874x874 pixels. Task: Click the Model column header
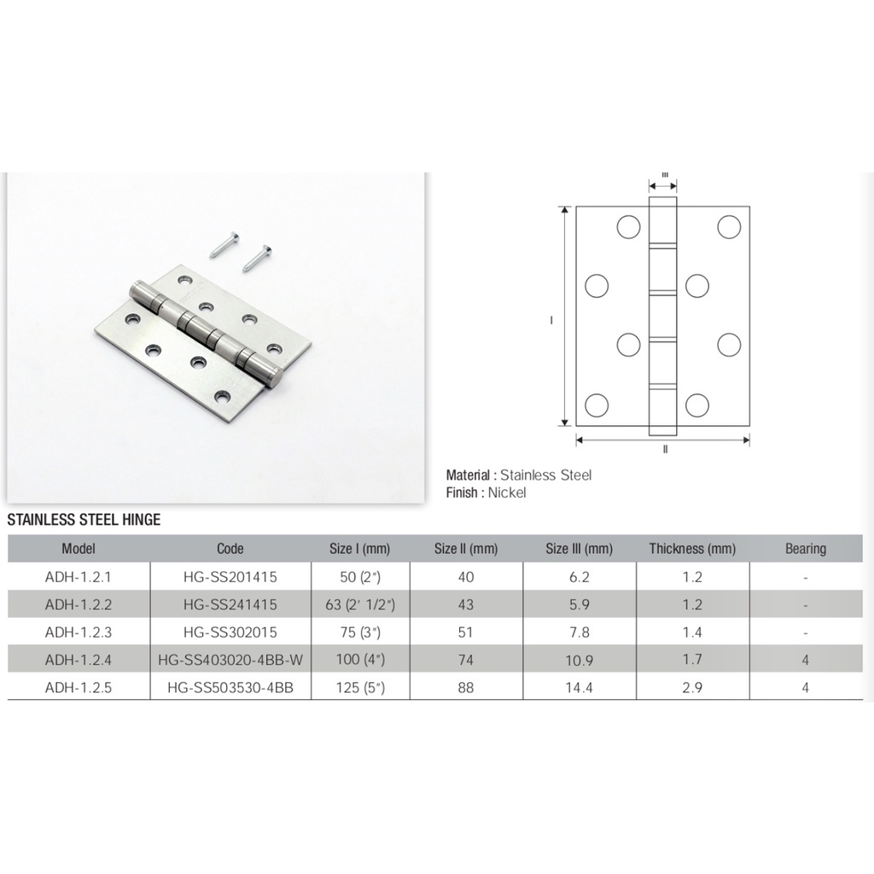point(79,549)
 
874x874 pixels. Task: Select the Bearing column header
point(805,549)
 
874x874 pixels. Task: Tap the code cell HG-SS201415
point(230,577)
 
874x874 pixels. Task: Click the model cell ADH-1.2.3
point(79,632)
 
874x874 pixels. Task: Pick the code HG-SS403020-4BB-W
point(230,660)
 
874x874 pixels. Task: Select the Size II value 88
point(465,687)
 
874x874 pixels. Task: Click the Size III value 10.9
point(579,660)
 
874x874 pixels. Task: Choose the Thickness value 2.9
point(692,687)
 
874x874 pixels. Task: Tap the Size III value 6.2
point(579,577)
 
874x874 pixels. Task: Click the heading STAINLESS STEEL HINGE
point(84,519)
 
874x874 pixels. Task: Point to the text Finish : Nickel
point(486,492)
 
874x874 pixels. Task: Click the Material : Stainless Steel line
point(518,475)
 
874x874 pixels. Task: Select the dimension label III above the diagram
point(664,173)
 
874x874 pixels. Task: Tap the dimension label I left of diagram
point(553,320)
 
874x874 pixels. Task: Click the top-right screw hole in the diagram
point(728,227)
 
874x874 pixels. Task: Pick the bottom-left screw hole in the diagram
point(597,404)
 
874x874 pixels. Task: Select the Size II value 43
point(465,605)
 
